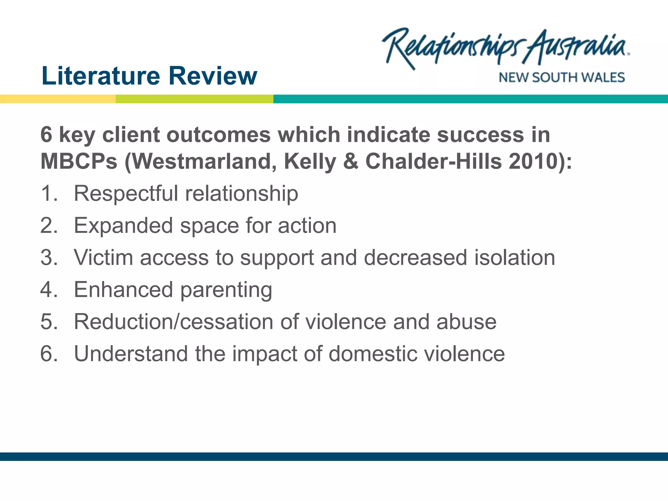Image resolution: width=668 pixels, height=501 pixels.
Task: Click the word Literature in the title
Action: coord(101,76)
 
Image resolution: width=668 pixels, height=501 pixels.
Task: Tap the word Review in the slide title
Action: coord(213,76)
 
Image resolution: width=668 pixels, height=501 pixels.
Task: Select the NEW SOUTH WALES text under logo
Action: coord(562,78)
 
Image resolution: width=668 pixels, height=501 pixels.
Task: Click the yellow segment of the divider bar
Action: coord(57,99)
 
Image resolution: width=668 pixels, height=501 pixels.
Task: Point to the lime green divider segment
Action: coord(194,99)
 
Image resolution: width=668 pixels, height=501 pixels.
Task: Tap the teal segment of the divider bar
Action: coord(470,99)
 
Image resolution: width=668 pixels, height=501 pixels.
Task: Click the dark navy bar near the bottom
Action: coord(334,456)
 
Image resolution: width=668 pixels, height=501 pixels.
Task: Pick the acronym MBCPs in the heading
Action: coord(79,161)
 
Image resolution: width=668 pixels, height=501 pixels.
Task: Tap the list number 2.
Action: coord(49,225)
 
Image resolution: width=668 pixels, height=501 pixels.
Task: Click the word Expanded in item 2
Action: coord(123,225)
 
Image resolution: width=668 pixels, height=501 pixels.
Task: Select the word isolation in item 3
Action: coord(514,257)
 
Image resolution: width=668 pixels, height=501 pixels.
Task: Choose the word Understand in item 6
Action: coord(131,354)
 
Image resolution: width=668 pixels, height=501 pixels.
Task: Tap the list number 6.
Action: coord(49,354)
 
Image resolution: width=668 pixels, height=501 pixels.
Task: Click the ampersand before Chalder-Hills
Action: coord(351,161)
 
